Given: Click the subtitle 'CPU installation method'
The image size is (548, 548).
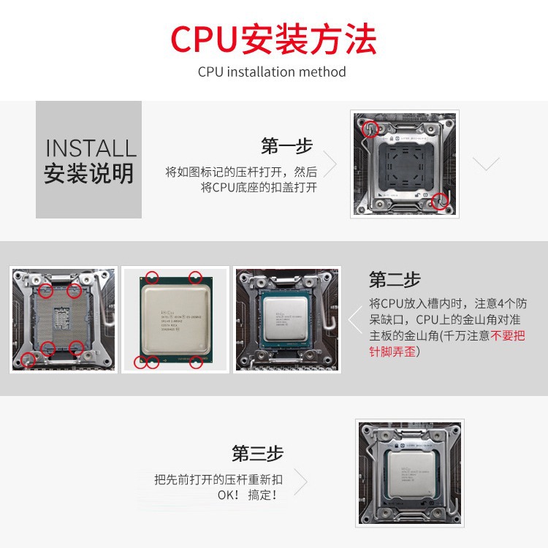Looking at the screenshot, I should point(272,72).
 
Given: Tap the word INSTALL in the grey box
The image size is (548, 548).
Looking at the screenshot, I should point(91,148).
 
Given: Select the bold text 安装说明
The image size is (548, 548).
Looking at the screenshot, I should point(89,175).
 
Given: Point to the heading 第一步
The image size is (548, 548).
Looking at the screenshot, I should point(286,146).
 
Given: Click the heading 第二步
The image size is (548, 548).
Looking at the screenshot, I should point(395,280).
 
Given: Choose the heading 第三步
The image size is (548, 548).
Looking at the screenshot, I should point(257,453).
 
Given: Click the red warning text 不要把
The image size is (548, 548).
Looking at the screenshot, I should point(508,336).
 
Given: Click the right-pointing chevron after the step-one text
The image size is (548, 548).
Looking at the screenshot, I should point(330,165).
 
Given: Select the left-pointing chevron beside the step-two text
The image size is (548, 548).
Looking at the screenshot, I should point(354,320).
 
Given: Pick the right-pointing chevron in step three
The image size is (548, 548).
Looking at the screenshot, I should point(300,482).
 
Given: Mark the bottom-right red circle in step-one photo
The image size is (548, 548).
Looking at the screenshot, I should point(438,201).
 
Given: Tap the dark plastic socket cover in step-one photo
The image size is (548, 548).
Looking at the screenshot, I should point(404,164).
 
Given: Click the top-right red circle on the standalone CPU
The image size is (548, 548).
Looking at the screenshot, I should point(195,277).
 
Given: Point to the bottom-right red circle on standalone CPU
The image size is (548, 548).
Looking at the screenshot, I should point(196,362).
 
